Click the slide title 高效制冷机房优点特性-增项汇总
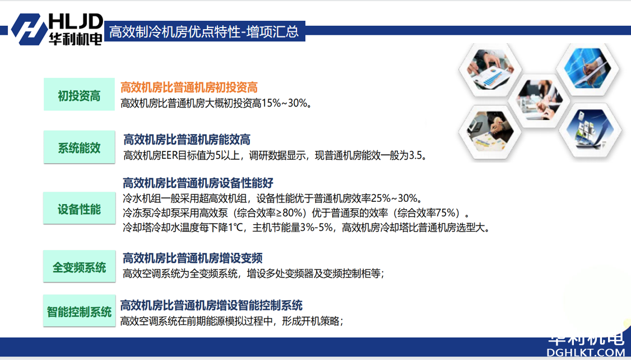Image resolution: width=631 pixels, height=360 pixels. click(204, 31)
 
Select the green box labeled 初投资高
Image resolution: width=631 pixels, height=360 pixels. click(79, 95)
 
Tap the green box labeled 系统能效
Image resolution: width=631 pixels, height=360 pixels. click(79, 147)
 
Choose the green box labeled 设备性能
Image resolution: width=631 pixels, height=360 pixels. click(79, 208)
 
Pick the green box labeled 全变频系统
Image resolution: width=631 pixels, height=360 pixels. click(79, 266)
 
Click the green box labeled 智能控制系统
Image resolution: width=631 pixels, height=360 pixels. click(79, 311)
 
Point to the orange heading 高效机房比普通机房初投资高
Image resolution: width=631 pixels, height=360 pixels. click(189, 87)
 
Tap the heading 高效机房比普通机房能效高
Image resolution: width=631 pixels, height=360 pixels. click(187, 140)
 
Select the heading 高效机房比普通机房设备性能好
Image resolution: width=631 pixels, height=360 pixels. click(198, 183)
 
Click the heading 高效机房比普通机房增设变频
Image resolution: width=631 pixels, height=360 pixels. click(193, 258)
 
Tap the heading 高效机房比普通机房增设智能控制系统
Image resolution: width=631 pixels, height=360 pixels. click(211, 305)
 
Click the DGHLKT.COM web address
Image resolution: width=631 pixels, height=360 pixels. click(586, 352)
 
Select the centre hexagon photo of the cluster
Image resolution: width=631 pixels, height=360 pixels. click(539, 99)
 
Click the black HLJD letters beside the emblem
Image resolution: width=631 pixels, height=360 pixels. click(76, 21)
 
